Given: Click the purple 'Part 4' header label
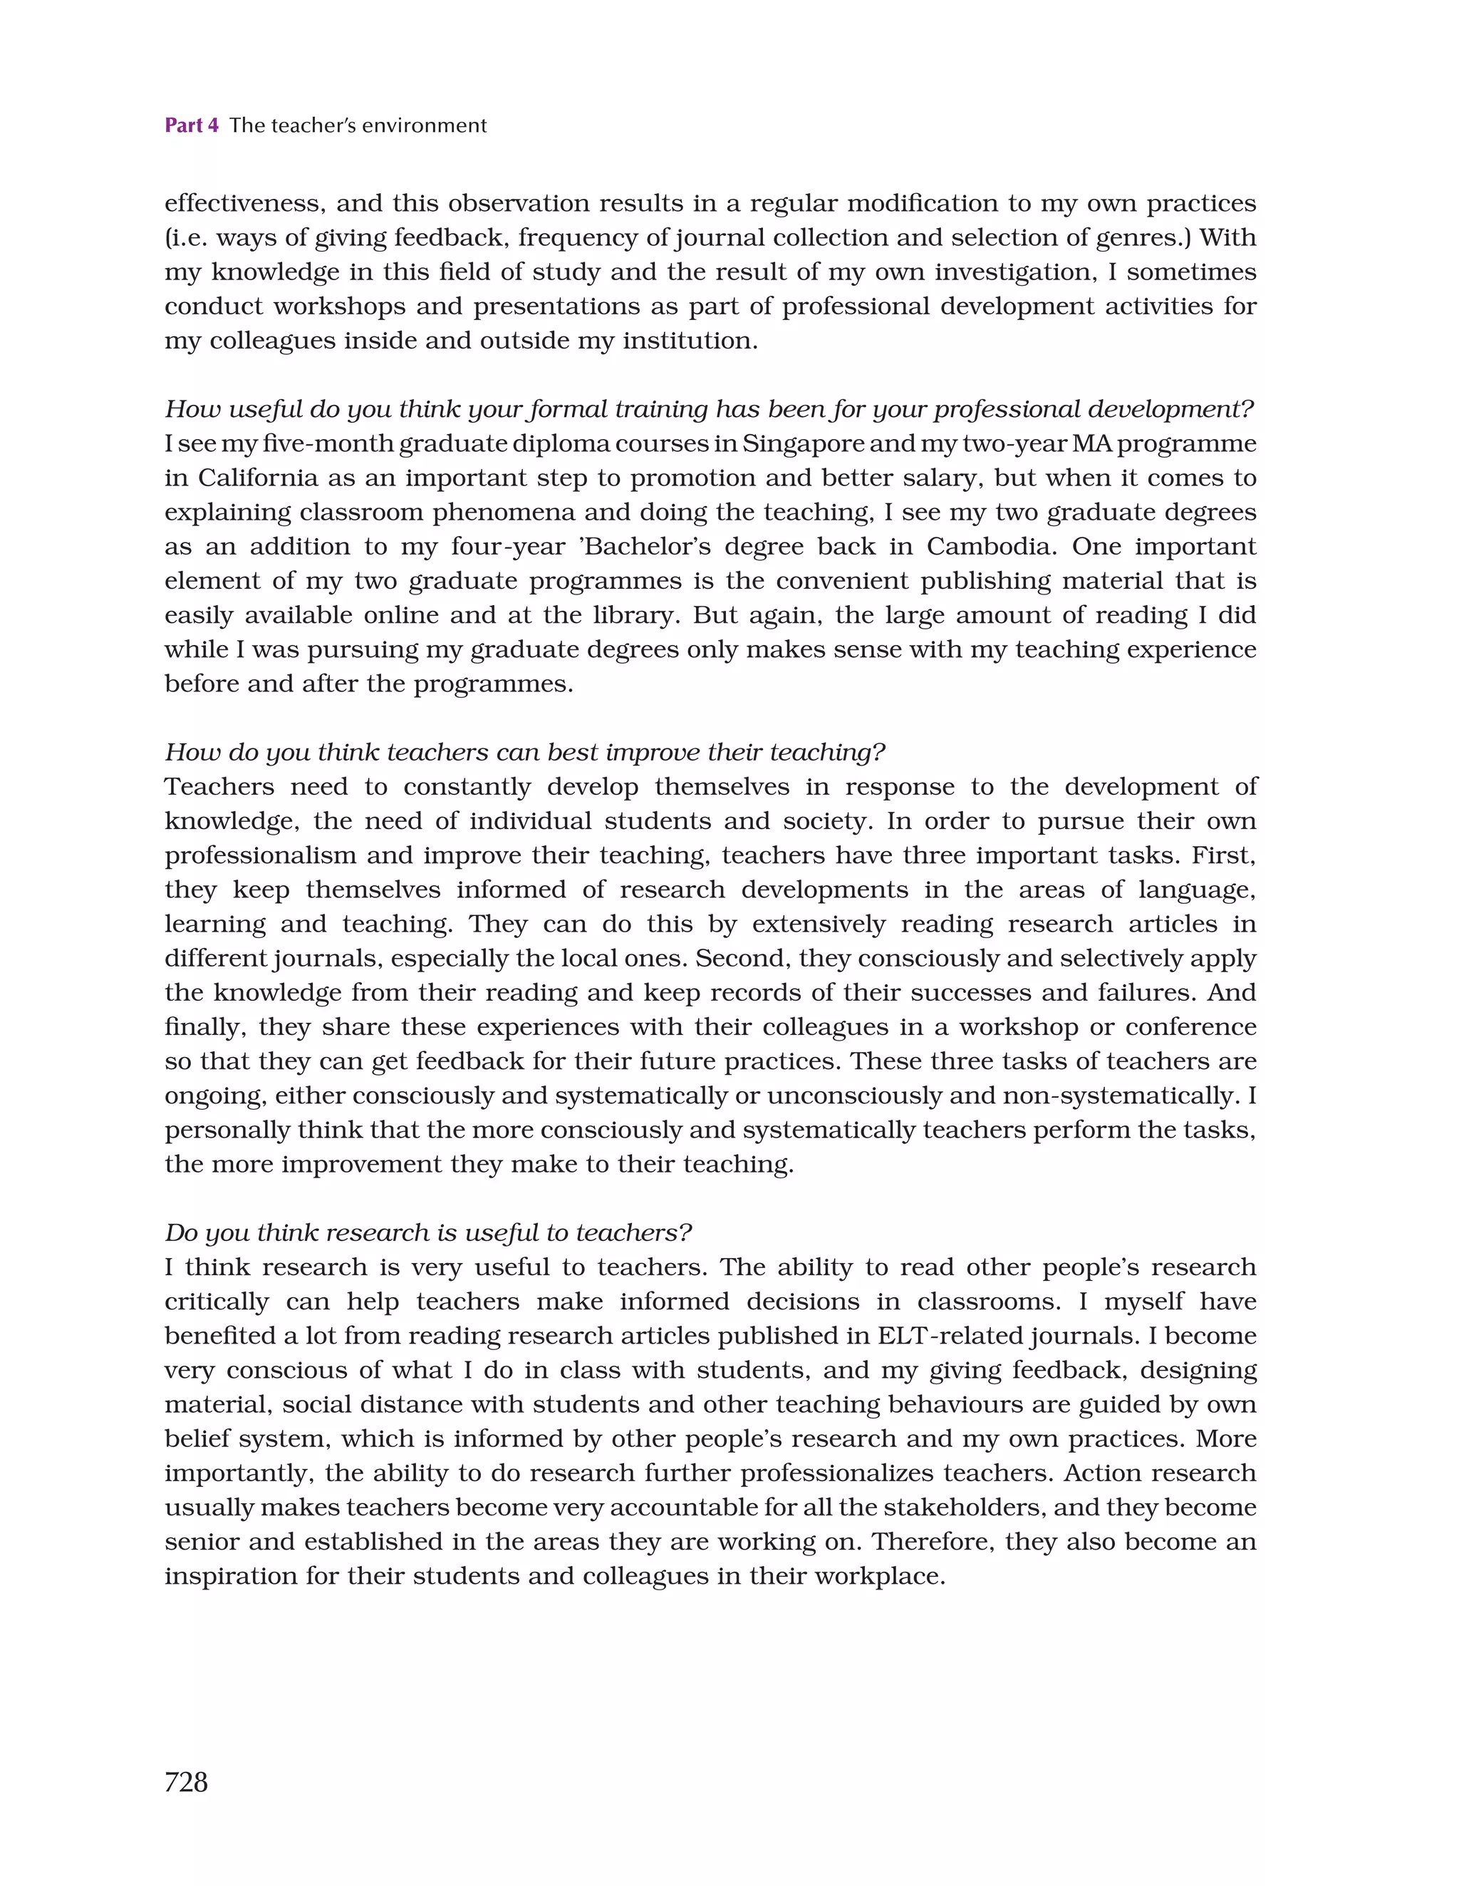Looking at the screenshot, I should [x=191, y=125].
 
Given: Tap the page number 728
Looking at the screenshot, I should [x=186, y=1781].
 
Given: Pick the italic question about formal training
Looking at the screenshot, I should [x=708, y=408].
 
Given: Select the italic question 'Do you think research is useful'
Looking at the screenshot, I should [x=428, y=1232].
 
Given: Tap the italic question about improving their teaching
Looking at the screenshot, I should [x=525, y=752].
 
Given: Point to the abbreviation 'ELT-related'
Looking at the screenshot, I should [x=953, y=1335].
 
